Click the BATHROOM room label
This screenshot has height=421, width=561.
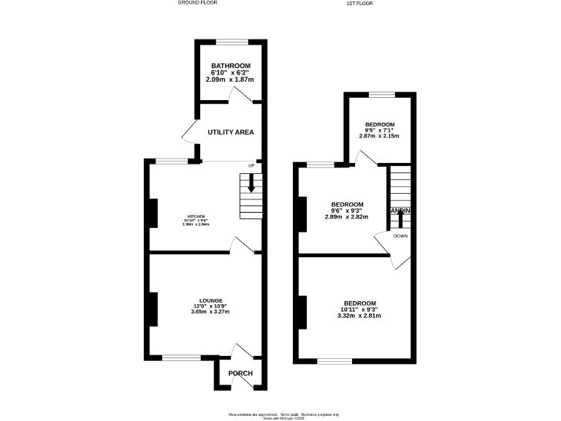point(231,66)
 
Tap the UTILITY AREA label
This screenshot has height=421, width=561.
point(231,132)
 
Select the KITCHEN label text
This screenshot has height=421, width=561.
point(196,216)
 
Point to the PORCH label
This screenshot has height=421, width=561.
point(240,373)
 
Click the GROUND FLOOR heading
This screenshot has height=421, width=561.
point(198,3)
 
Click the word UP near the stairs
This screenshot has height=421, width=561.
point(251,164)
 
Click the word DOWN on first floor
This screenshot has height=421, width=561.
point(400,236)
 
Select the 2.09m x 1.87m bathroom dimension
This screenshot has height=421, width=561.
point(231,79)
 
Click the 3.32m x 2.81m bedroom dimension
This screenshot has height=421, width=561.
point(360,316)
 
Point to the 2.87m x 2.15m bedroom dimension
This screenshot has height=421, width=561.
point(380,136)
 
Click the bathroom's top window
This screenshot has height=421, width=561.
point(231,42)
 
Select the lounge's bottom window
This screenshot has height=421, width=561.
point(181,357)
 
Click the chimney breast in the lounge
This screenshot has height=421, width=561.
point(153,308)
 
